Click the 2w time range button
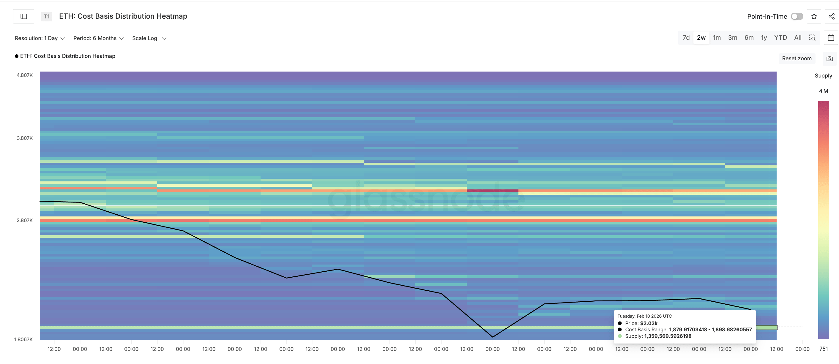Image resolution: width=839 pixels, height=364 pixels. (x=701, y=38)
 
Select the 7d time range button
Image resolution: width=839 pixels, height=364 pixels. (x=686, y=38)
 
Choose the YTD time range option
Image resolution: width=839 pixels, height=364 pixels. (x=780, y=38)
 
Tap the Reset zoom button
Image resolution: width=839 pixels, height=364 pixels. (x=796, y=58)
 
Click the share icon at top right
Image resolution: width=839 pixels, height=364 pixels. (x=831, y=17)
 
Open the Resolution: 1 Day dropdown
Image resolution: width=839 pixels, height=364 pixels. (x=40, y=38)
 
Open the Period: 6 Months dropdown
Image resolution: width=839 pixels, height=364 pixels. (x=98, y=38)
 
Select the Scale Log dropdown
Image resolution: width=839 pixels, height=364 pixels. (x=149, y=38)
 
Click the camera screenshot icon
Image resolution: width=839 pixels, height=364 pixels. (x=829, y=58)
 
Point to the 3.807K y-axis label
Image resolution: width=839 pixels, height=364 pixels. (x=25, y=138)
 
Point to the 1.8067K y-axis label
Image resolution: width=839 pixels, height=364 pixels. (x=23, y=339)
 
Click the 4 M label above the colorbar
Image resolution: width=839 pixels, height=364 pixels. (x=823, y=91)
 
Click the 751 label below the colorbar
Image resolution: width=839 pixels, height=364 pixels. (x=823, y=349)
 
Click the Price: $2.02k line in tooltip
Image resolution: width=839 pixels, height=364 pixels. (x=641, y=323)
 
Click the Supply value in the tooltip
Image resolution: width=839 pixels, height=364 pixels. (x=667, y=336)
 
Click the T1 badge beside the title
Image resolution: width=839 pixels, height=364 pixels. (x=47, y=17)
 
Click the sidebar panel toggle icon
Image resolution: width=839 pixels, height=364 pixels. (x=24, y=17)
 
